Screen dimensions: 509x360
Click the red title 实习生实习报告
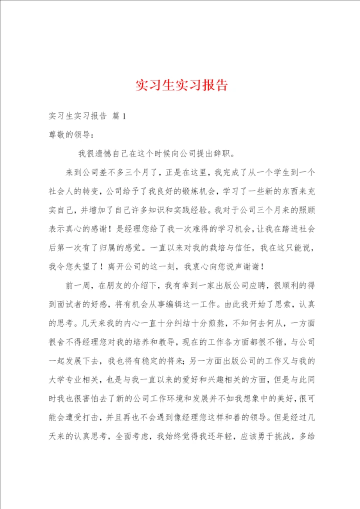click(181, 85)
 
